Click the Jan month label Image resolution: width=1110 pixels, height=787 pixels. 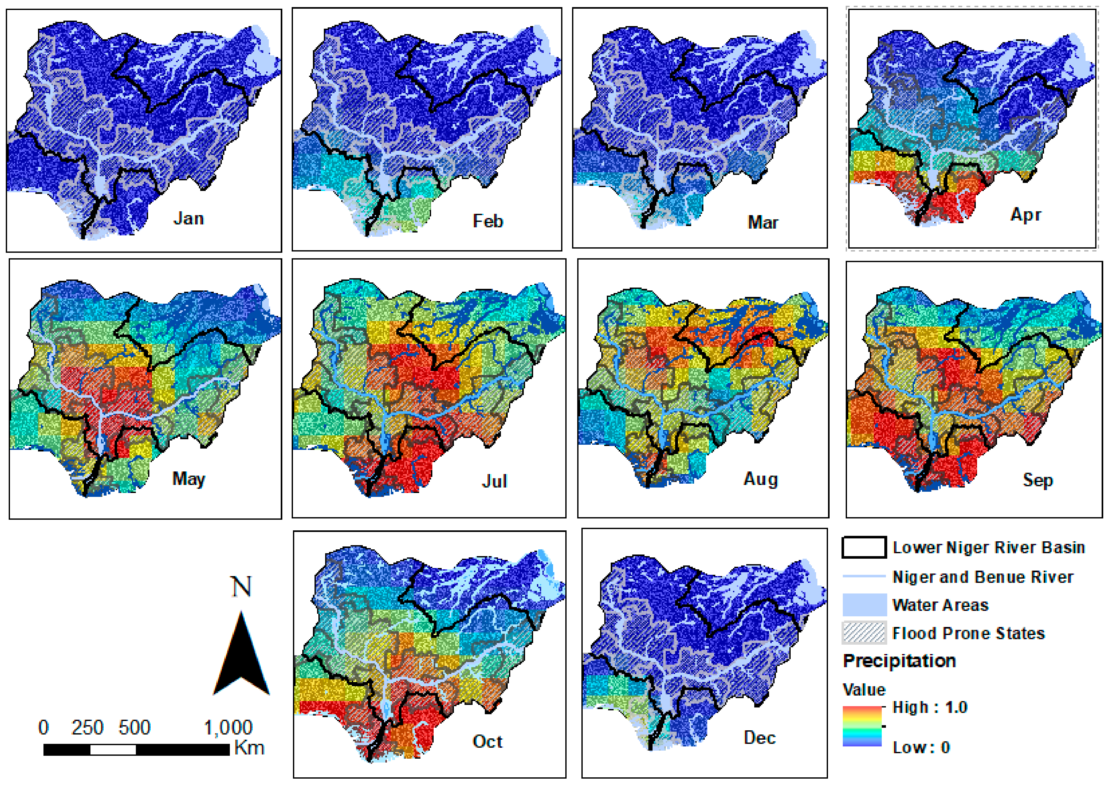click(188, 219)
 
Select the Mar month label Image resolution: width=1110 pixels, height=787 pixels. click(763, 223)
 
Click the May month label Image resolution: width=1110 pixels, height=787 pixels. click(188, 479)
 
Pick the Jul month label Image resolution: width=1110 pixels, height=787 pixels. click(494, 481)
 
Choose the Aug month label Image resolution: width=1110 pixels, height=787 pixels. click(760, 479)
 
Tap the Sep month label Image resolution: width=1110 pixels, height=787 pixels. click(1037, 480)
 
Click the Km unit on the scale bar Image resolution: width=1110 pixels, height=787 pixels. click(249, 748)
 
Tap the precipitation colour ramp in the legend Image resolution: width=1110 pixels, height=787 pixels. click(862, 726)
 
